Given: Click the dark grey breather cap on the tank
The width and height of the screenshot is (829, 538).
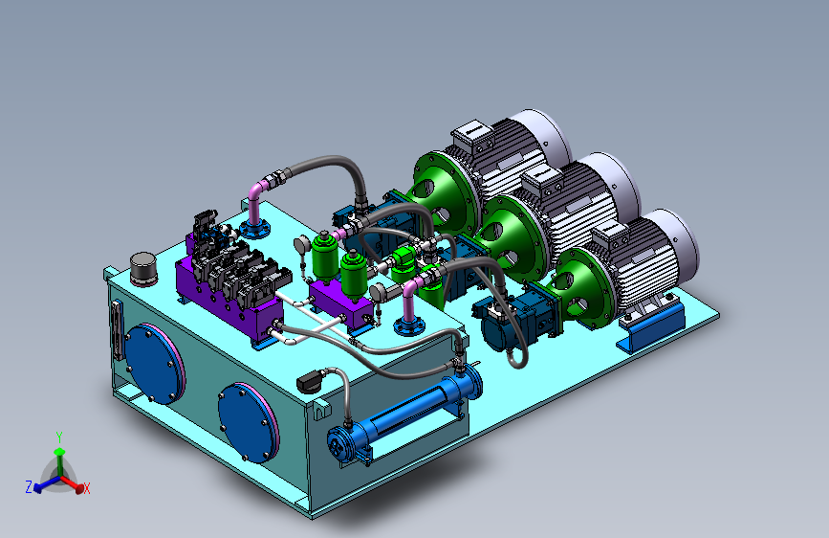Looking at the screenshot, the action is point(143,269).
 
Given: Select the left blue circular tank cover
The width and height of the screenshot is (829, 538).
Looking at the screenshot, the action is point(154,364).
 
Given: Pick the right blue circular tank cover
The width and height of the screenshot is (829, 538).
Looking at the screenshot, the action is point(248,422).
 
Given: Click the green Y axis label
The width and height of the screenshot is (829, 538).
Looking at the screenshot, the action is point(59,437).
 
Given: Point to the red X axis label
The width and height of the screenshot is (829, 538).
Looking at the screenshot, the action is point(87,488).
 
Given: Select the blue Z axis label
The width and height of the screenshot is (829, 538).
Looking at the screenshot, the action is point(29,486).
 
